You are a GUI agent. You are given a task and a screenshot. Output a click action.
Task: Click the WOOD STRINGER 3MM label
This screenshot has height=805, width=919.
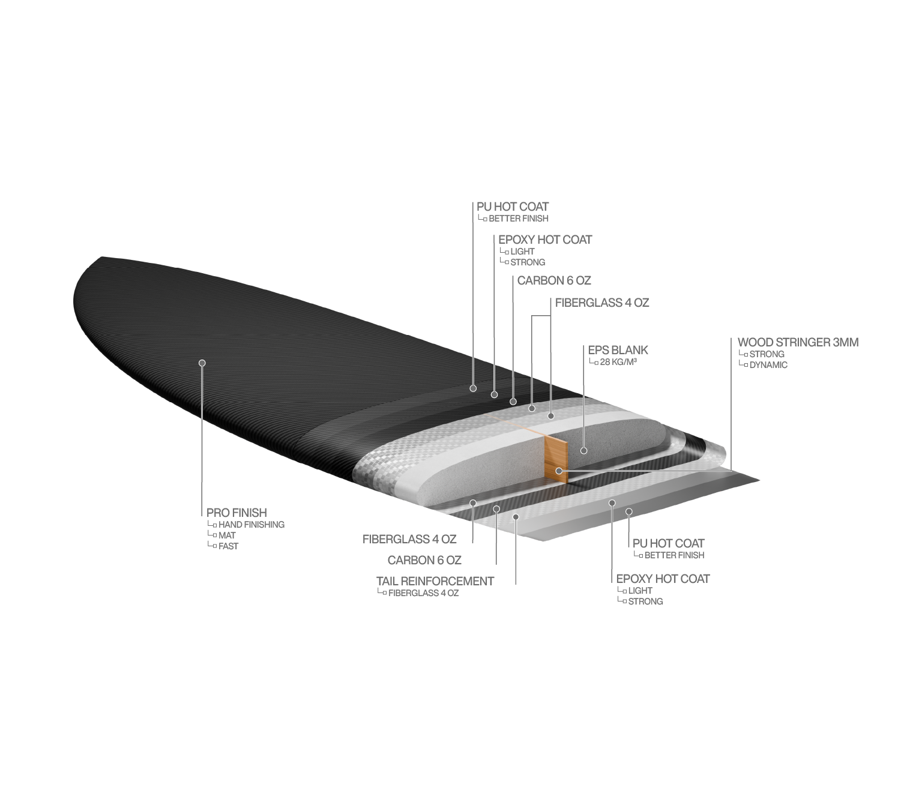(x=798, y=342)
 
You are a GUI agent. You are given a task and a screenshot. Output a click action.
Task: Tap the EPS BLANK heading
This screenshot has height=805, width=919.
(x=618, y=350)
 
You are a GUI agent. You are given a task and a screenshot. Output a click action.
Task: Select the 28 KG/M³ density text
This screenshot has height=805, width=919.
(x=618, y=361)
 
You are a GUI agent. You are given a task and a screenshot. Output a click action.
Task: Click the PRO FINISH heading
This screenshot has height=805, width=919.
(x=237, y=513)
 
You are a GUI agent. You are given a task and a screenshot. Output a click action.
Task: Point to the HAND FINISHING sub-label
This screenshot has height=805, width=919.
(x=251, y=524)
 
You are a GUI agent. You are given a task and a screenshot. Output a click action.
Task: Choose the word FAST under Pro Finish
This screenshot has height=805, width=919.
(x=228, y=546)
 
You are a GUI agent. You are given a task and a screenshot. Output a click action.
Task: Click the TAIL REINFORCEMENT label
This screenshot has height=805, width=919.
(x=435, y=581)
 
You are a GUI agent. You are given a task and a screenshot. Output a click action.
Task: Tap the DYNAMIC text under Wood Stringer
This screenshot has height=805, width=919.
(x=768, y=365)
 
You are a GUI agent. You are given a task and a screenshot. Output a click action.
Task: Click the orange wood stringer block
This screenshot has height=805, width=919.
(x=556, y=459)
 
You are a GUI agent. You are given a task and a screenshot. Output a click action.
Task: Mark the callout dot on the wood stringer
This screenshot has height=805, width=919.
(x=558, y=471)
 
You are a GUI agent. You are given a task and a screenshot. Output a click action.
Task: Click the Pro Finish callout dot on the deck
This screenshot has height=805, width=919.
(x=202, y=363)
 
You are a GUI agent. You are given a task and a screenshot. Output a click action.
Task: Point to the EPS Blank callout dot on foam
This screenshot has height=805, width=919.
(x=583, y=451)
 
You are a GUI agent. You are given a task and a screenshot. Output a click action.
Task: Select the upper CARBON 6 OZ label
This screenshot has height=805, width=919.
(x=553, y=281)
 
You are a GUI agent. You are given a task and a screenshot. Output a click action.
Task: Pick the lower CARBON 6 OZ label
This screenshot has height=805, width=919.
(x=424, y=560)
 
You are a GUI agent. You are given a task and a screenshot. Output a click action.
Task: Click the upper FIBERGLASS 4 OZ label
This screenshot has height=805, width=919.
(x=602, y=303)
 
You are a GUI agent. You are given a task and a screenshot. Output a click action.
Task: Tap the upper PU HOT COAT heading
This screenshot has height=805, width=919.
(x=513, y=207)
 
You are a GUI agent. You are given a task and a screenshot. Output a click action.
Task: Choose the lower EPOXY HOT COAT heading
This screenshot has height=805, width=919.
(x=663, y=579)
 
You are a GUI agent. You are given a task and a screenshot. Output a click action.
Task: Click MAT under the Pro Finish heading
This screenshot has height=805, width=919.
(x=227, y=535)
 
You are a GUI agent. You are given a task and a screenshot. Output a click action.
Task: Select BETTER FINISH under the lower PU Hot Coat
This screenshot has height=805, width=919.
(x=674, y=555)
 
